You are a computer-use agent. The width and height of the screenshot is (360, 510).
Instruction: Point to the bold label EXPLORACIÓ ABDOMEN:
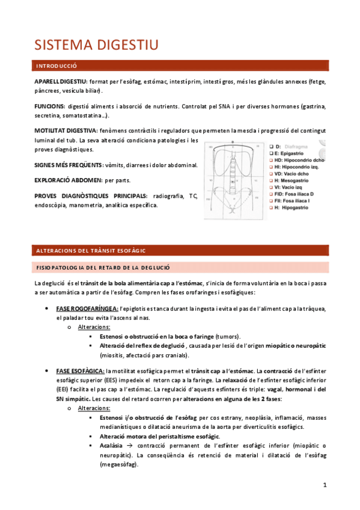[68, 180]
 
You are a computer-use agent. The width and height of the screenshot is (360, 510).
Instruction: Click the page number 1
[325, 485]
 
